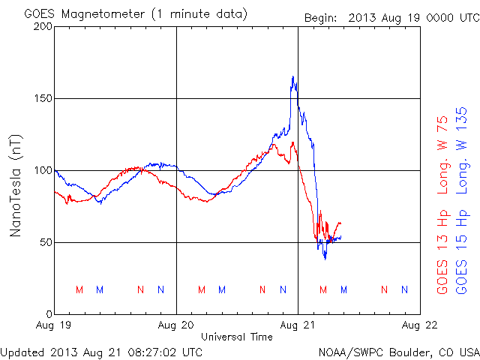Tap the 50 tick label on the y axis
coord(44,242)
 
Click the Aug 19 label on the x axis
coord(55,325)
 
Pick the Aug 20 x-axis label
coord(176,325)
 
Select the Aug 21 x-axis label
coord(298,325)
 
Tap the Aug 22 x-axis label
coord(419,325)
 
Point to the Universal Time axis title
coord(236,337)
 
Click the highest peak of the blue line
coord(292,76)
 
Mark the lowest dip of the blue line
coord(325,259)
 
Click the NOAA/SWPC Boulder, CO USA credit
coord(398,351)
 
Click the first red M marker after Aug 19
coord(79,289)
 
